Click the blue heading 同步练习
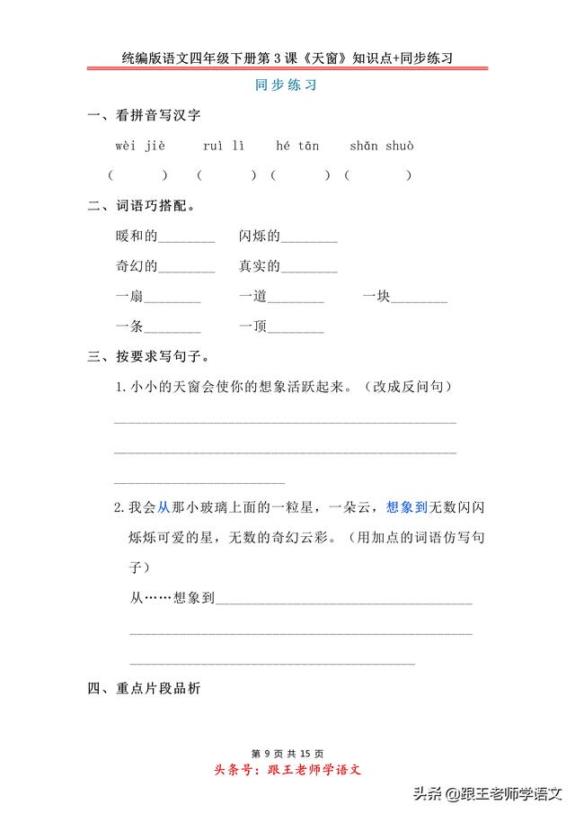287,87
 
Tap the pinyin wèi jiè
140,146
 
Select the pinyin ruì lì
223,146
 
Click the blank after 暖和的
187,239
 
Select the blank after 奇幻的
187,269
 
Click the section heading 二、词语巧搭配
142,206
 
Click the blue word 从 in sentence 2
164,507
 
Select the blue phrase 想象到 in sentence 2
405,507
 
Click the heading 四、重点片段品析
144,690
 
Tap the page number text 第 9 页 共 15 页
287,753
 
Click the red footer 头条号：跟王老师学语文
287,770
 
